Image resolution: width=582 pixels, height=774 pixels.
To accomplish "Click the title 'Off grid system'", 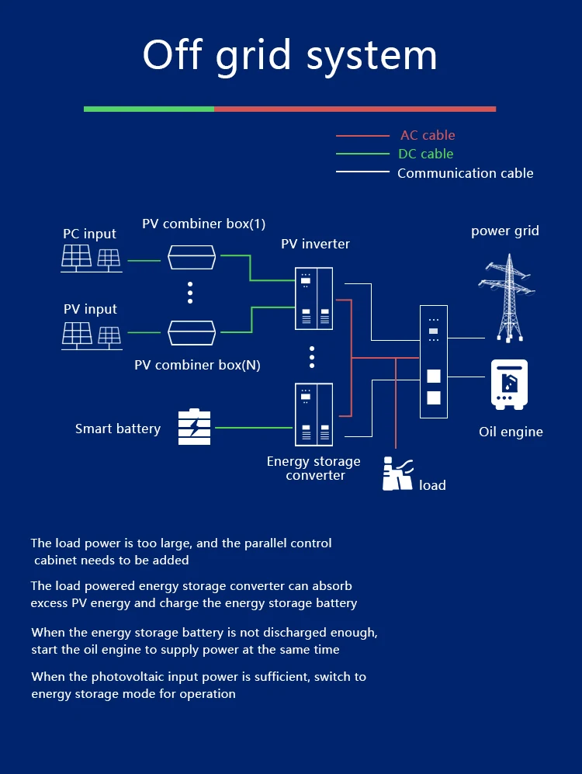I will pos(290,56).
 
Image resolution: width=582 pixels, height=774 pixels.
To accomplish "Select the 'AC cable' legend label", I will pos(428,135).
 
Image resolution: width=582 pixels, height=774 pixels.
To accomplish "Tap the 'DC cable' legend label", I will pos(425,154).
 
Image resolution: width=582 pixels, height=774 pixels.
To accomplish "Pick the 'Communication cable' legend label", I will pos(465,173).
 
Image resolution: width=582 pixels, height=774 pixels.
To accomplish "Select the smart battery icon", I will pos(194,427).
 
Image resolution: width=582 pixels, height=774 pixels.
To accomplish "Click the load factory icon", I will pos(397,474).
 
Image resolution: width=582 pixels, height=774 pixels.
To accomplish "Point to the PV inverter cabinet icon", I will pos(314,298).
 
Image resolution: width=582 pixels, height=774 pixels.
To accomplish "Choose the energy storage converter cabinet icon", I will pos(314,414).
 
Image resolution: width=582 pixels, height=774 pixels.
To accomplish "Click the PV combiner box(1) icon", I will pos(192,257).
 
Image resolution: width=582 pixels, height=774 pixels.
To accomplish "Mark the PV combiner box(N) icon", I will pos(192,332).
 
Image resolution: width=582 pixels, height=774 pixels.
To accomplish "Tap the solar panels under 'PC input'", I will pos(91,259).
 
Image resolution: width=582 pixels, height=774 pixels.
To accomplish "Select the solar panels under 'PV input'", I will pos(91,334).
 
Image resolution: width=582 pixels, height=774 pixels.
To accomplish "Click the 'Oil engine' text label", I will pos(511,432).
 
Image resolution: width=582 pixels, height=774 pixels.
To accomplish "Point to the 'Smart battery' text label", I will pos(118,429).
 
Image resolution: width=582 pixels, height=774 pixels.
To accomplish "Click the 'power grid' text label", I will pos(504,231).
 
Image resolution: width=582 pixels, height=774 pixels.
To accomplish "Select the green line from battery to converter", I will pos(252,427).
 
